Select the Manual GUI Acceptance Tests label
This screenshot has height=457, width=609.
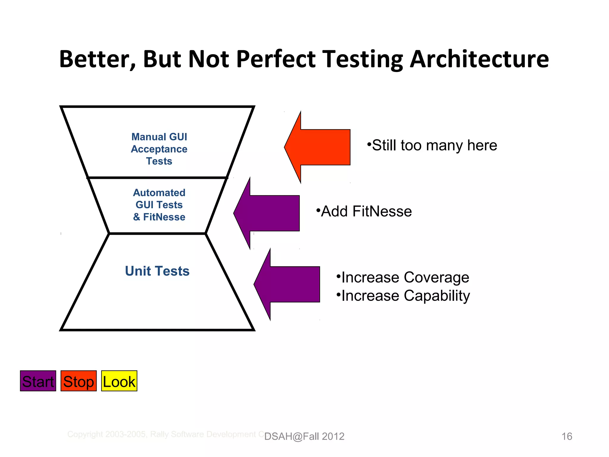[159, 149]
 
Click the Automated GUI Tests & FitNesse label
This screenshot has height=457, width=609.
[159, 205]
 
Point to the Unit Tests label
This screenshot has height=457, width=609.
[157, 271]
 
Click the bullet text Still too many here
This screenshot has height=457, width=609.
[432, 145]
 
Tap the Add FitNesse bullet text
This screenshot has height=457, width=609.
[364, 212]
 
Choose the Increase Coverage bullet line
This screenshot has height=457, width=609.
[403, 278]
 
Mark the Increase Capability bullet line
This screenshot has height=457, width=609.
[403, 296]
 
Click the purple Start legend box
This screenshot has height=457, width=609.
[38, 381]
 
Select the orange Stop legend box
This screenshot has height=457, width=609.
[79, 381]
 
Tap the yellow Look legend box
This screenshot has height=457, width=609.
[119, 381]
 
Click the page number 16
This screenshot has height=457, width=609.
[566, 436]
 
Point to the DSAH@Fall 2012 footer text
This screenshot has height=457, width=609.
[304, 436]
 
